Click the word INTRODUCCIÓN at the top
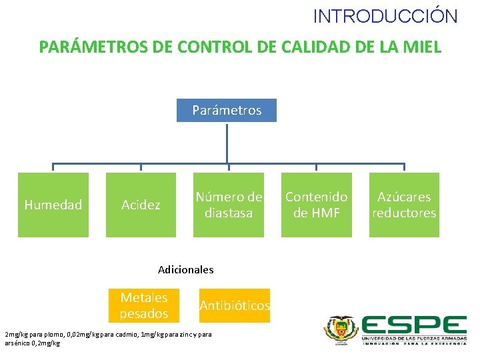[x=385, y=16]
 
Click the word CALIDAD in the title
[x=309, y=47]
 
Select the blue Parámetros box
[x=227, y=110]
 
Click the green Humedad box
[x=53, y=205]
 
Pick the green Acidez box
[x=141, y=205]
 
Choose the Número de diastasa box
[x=229, y=205]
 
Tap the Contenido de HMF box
[x=317, y=205]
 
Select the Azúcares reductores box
[x=404, y=205]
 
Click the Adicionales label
[x=186, y=270]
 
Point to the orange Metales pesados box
[x=144, y=305]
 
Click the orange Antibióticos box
[x=235, y=305]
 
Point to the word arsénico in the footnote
[x=17, y=343]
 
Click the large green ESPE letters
[x=413, y=326]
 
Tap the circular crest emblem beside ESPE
[x=341, y=329]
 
